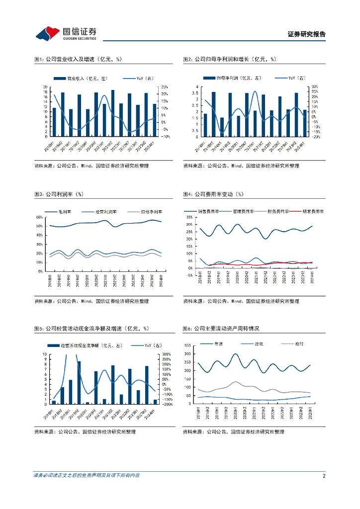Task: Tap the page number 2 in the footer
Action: coord(324,476)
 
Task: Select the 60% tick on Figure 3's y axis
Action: coord(39,217)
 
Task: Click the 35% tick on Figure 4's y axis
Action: coord(189,217)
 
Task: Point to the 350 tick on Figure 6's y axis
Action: coord(187,345)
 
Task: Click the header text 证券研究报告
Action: coord(306,34)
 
